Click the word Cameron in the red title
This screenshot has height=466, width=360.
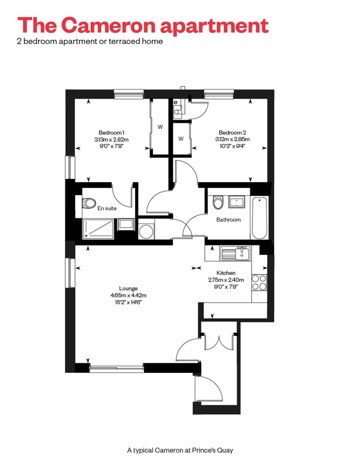109,25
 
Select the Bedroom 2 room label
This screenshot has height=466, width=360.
232,133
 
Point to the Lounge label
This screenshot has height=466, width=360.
128,288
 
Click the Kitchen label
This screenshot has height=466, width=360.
226,273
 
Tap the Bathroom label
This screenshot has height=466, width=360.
228,220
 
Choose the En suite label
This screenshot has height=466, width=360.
107,208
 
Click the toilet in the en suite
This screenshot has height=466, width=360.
89,203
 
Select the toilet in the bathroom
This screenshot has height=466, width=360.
218,202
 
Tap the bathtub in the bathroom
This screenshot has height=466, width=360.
259,218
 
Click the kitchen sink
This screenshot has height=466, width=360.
235,254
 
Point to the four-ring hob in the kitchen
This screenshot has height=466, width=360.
259,282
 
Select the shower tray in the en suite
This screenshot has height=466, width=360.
98,229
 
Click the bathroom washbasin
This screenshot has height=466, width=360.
236,202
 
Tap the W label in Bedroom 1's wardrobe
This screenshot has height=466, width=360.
160,127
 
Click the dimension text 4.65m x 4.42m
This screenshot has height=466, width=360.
128,296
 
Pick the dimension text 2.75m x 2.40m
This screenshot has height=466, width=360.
226,280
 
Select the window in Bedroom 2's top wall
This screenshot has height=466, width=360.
219,94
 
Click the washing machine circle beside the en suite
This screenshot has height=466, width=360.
146,232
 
